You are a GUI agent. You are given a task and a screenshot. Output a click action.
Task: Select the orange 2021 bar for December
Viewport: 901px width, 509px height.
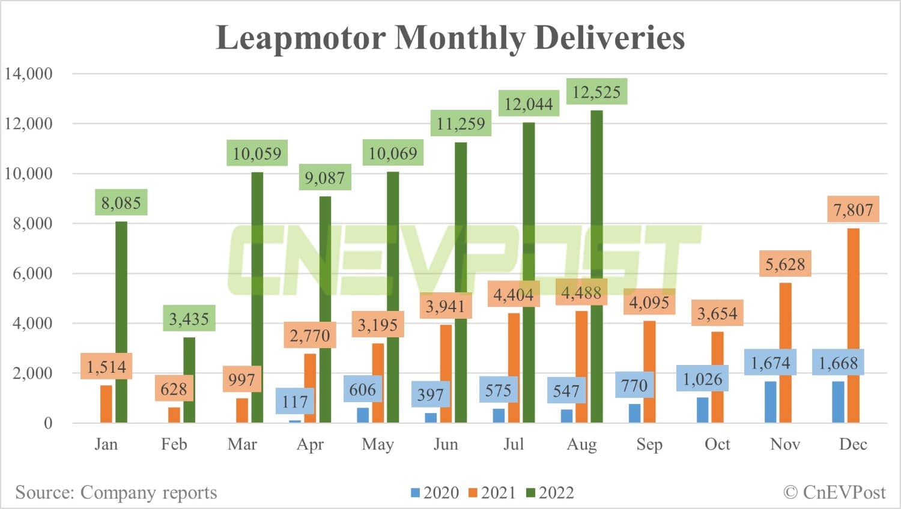[853, 325]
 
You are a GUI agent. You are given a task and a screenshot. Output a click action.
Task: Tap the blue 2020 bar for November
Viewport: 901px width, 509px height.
[770, 402]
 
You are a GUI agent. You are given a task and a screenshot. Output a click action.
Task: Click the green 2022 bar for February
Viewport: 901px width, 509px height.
[189, 380]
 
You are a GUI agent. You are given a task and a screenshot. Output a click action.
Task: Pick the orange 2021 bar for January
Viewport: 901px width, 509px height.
[106, 404]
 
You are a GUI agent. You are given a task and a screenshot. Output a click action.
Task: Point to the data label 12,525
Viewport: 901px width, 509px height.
[596, 92]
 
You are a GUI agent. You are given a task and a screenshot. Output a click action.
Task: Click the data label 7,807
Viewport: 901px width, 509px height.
[853, 209]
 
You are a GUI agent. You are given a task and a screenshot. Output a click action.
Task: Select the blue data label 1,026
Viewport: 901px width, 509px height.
[702, 379]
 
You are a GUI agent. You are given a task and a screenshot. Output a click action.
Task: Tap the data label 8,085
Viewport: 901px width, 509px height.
[121, 203]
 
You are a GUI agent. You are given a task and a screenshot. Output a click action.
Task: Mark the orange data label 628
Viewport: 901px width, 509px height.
[174, 389]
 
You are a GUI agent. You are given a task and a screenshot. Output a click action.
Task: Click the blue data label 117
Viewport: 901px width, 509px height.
[294, 402]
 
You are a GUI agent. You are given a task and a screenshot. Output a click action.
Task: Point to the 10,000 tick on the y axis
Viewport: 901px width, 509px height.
[28, 173]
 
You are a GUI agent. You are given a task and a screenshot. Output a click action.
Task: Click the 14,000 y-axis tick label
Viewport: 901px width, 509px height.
[28, 74]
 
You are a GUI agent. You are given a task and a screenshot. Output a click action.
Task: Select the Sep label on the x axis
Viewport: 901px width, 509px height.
[649, 444]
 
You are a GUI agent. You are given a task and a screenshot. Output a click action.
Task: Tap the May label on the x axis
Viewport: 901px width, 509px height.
[378, 444]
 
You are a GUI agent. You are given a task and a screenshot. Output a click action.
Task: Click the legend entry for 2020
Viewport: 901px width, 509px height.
[435, 493]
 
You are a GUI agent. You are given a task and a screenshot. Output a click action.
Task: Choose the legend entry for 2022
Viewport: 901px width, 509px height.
[550, 493]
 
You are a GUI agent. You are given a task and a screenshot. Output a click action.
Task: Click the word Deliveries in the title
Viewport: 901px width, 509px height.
[609, 37]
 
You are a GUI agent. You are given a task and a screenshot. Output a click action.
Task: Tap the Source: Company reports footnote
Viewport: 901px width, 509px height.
[116, 492]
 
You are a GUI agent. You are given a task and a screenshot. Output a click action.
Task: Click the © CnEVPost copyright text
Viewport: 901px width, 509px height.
[834, 492]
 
